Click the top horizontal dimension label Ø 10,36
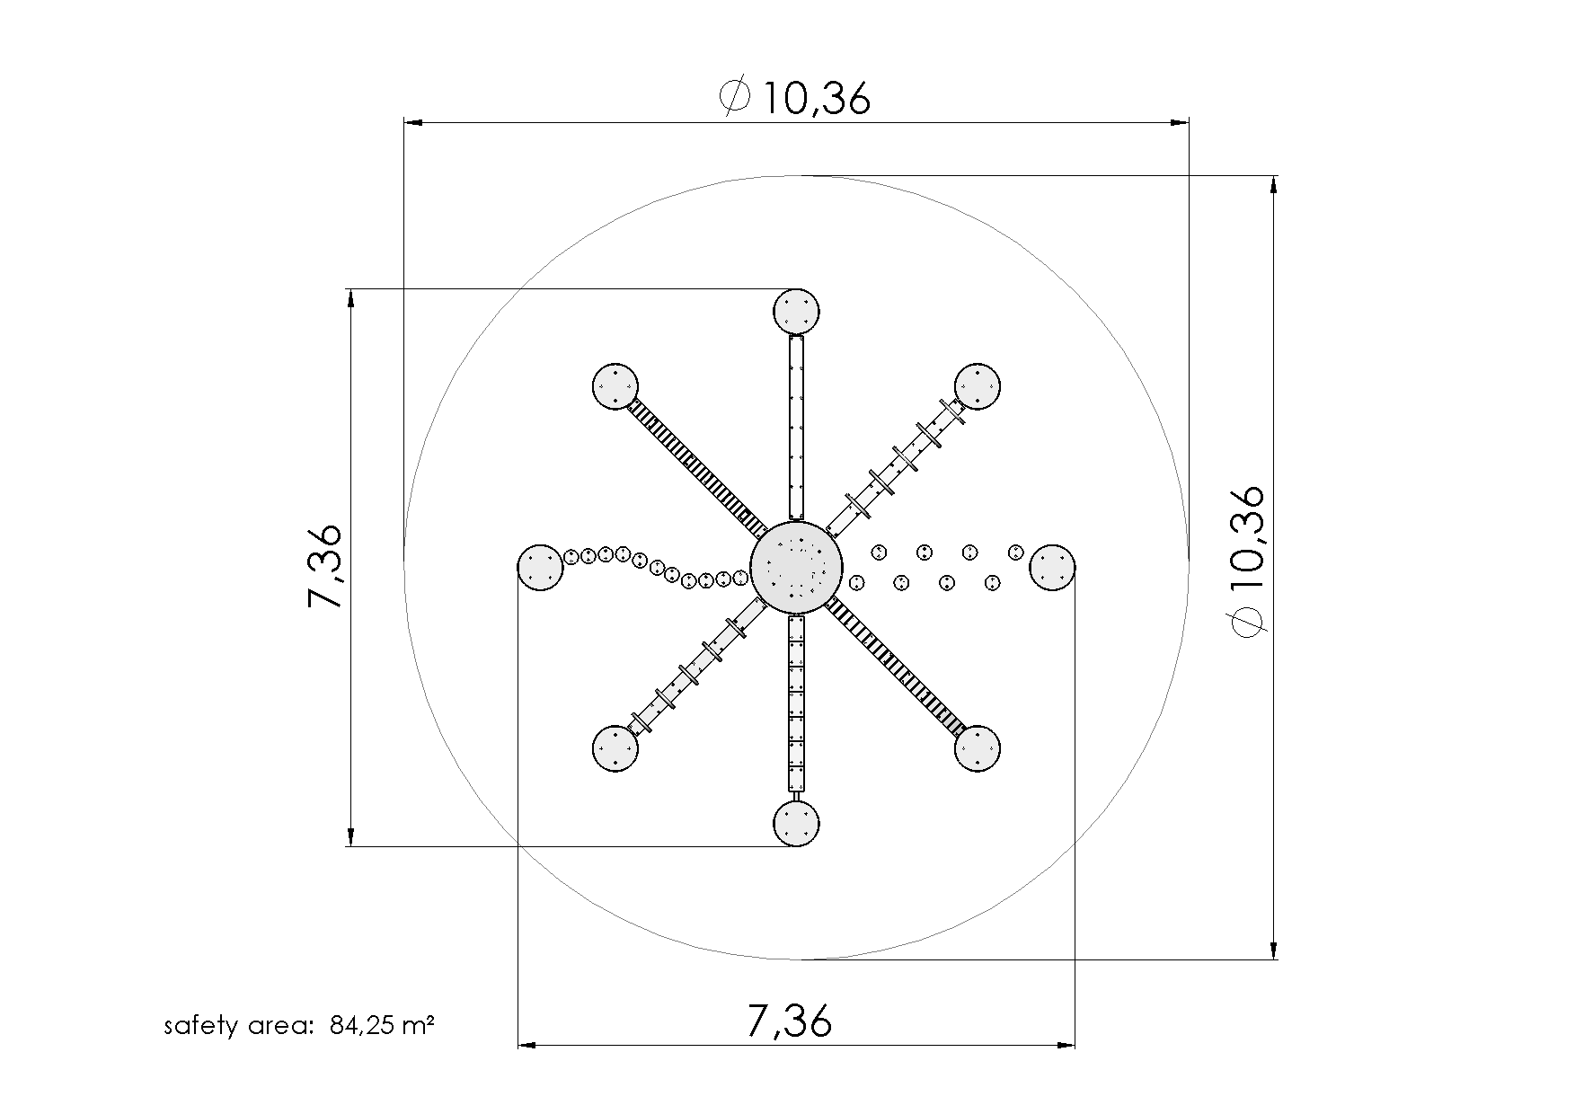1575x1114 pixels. tap(796, 98)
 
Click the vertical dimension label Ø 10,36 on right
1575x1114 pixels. tap(1248, 561)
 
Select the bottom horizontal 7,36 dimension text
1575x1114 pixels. tap(790, 1021)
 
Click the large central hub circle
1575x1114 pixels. tap(796, 568)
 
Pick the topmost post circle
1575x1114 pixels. tap(796, 312)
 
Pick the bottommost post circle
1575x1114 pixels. tap(796, 823)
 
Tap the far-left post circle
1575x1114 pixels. tap(541, 568)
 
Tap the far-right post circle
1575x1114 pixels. tap(1052, 568)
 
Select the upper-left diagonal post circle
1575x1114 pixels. tap(615, 387)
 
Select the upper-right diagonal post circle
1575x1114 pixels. tap(978, 386)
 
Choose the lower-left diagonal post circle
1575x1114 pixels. tap(615, 748)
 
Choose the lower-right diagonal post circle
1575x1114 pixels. tap(978, 748)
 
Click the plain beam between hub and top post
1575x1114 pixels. tap(796, 427)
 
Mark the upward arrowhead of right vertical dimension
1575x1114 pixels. tap(1273, 183)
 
